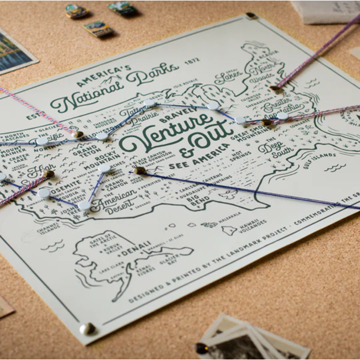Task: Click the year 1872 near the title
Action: click(192, 61)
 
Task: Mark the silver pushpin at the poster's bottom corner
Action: click(86, 328)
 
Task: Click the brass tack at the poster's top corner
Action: click(251, 16)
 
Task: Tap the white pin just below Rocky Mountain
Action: click(105, 168)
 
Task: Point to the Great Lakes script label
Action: click(228, 78)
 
